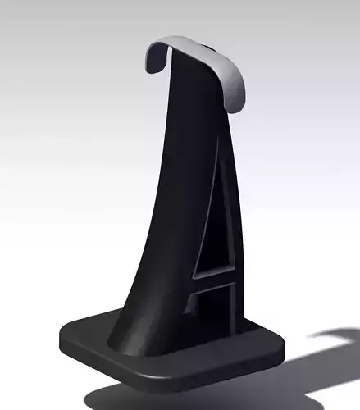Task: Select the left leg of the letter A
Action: [x=197, y=271]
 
